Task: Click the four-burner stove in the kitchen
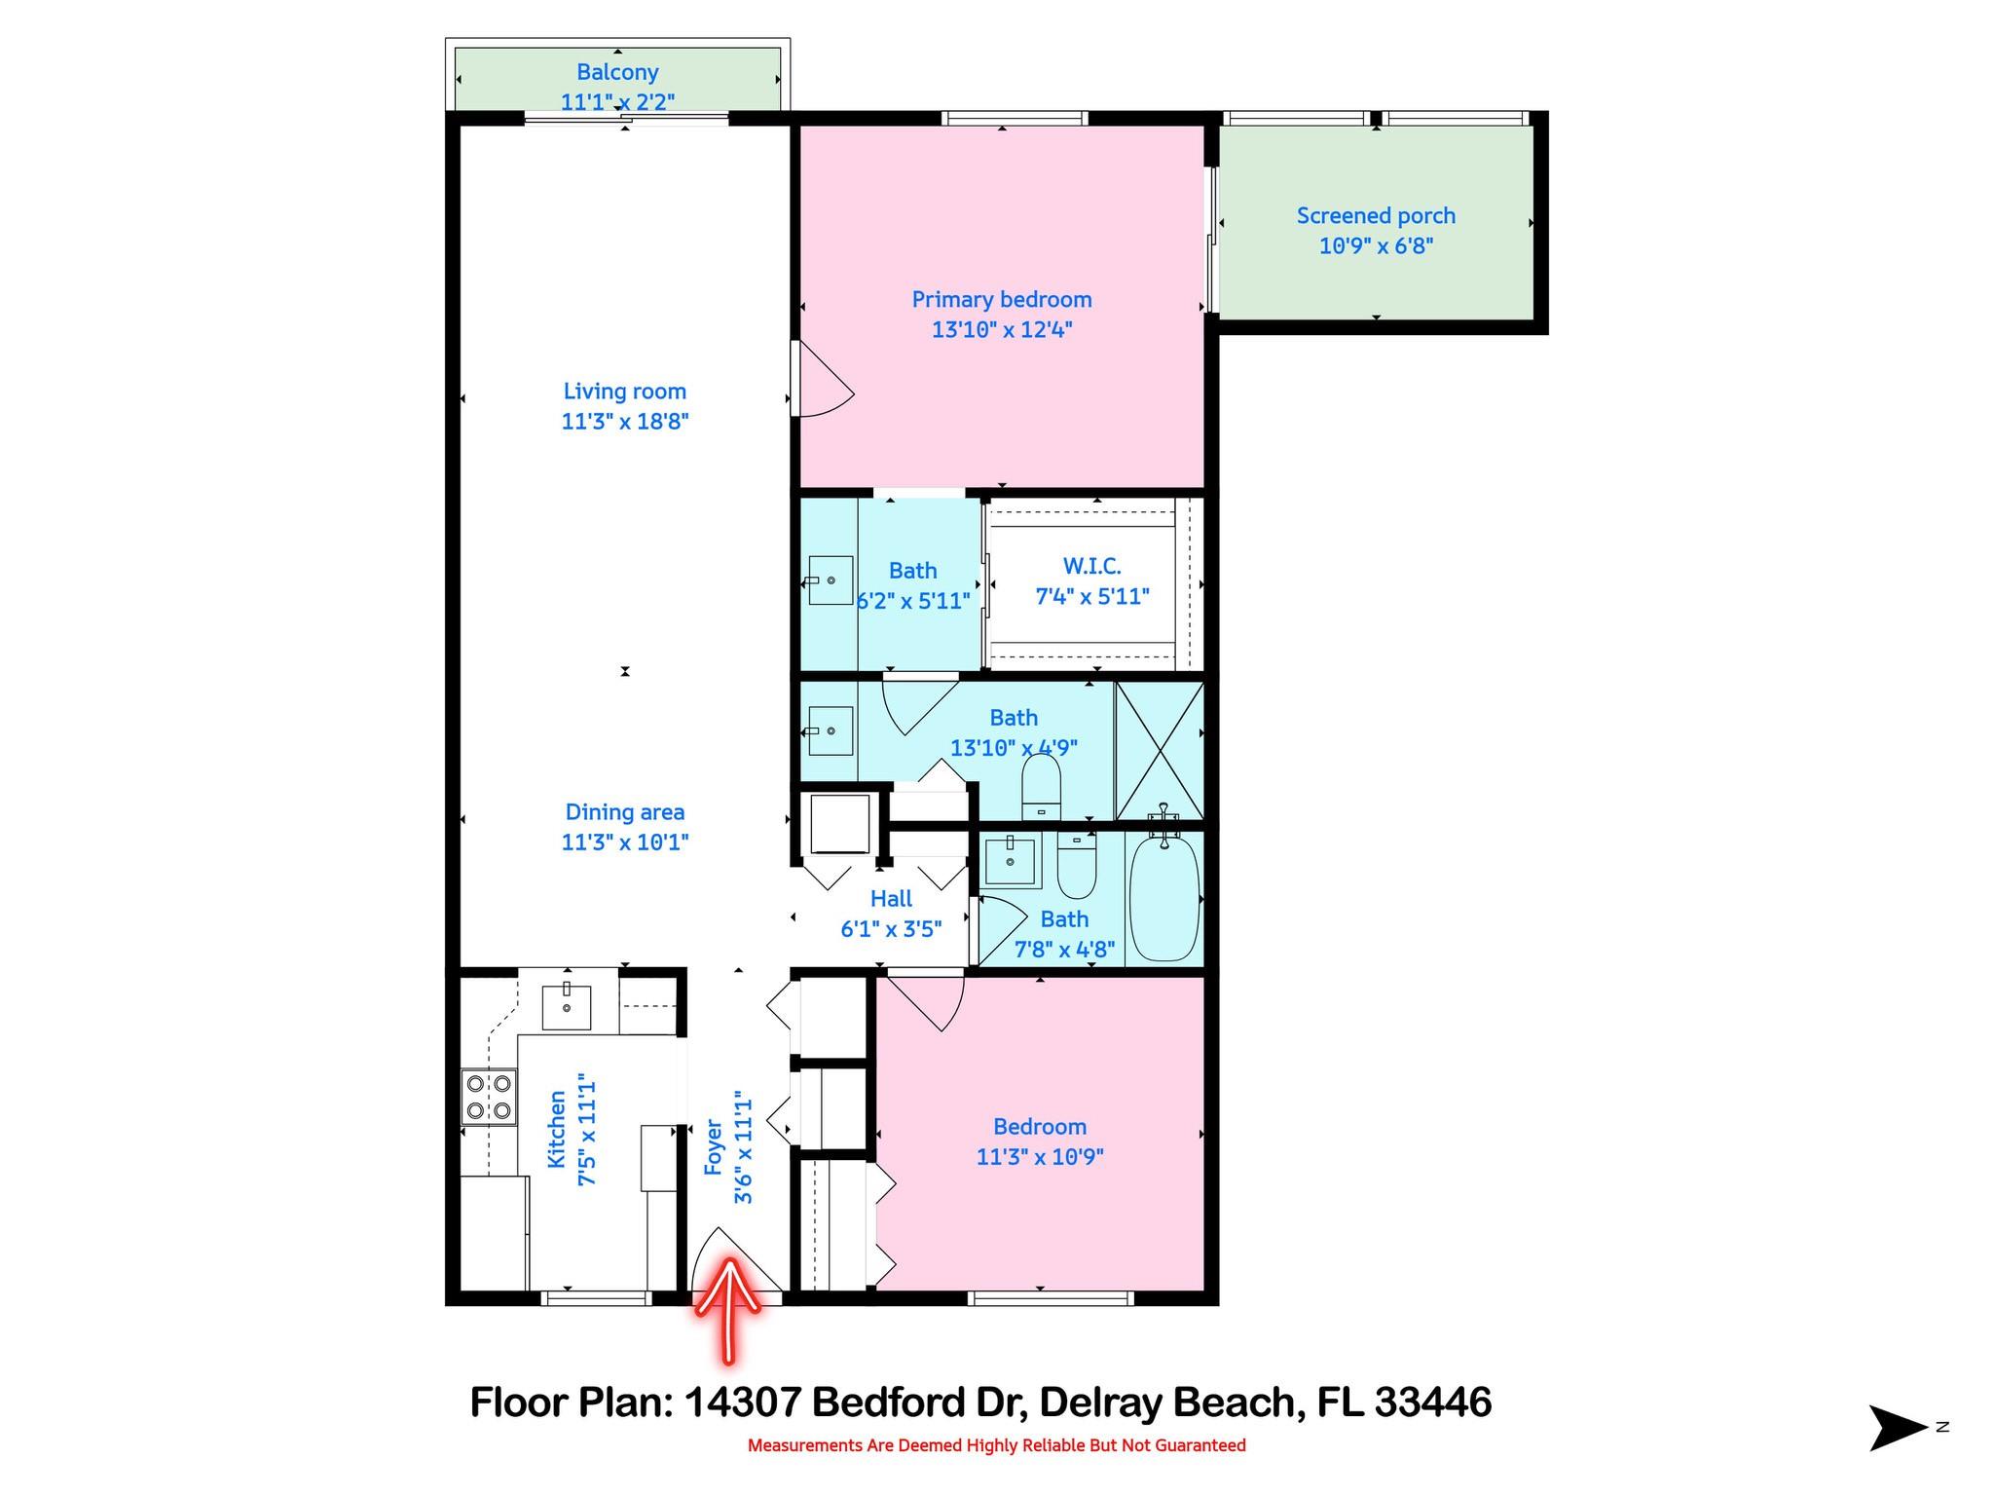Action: [x=489, y=1097]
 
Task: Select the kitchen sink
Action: [x=566, y=1006]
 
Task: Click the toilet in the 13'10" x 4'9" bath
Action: [x=1041, y=786]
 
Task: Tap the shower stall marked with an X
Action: [x=1159, y=750]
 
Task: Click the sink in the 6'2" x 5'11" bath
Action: [x=831, y=580]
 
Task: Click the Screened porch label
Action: [x=1375, y=216]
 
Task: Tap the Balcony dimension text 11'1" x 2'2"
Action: [x=617, y=101]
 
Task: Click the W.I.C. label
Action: [x=1091, y=566]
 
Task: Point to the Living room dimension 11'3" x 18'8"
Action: [x=625, y=422]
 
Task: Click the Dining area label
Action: [x=625, y=812]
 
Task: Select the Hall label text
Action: [x=891, y=899]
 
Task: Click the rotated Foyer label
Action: [x=714, y=1146]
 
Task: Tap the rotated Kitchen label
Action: [x=556, y=1130]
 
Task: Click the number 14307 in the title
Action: [x=742, y=1403]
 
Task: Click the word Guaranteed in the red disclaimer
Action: [x=1198, y=1445]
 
